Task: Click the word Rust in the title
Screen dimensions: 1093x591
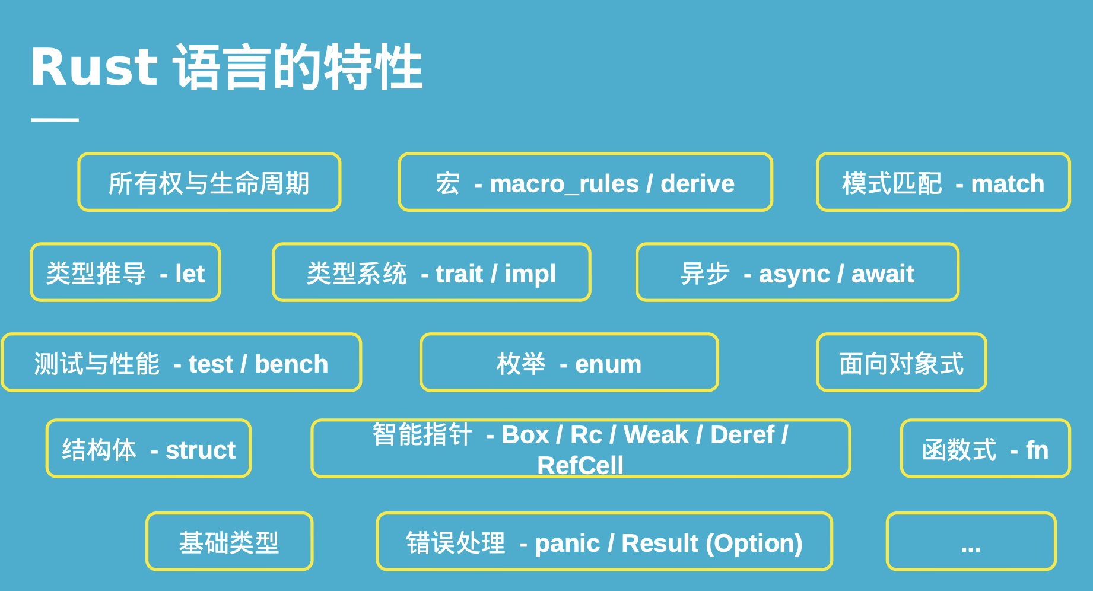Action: (x=94, y=66)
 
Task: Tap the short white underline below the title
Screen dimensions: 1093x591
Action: (x=55, y=120)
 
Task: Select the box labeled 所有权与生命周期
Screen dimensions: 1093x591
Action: (x=209, y=182)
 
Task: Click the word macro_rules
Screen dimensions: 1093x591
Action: (x=564, y=184)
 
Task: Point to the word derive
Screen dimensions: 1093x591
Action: (x=697, y=184)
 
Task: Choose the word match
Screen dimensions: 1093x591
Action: (x=1008, y=184)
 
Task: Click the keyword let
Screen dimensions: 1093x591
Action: (x=190, y=274)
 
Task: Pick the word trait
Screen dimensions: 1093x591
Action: (x=459, y=274)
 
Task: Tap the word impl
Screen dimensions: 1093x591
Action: (x=530, y=275)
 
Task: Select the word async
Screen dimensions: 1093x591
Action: (x=794, y=275)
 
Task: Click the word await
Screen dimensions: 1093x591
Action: (x=882, y=274)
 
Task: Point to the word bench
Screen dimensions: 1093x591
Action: (x=291, y=364)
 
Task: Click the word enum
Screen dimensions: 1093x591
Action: (x=608, y=364)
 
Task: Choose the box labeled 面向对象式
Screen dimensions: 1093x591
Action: (x=901, y=363)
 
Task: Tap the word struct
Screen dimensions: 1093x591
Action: (x=201, y=450)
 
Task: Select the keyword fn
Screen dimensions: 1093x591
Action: (x=1037, y=450)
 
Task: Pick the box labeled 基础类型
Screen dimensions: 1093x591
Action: (x=229, y=542)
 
